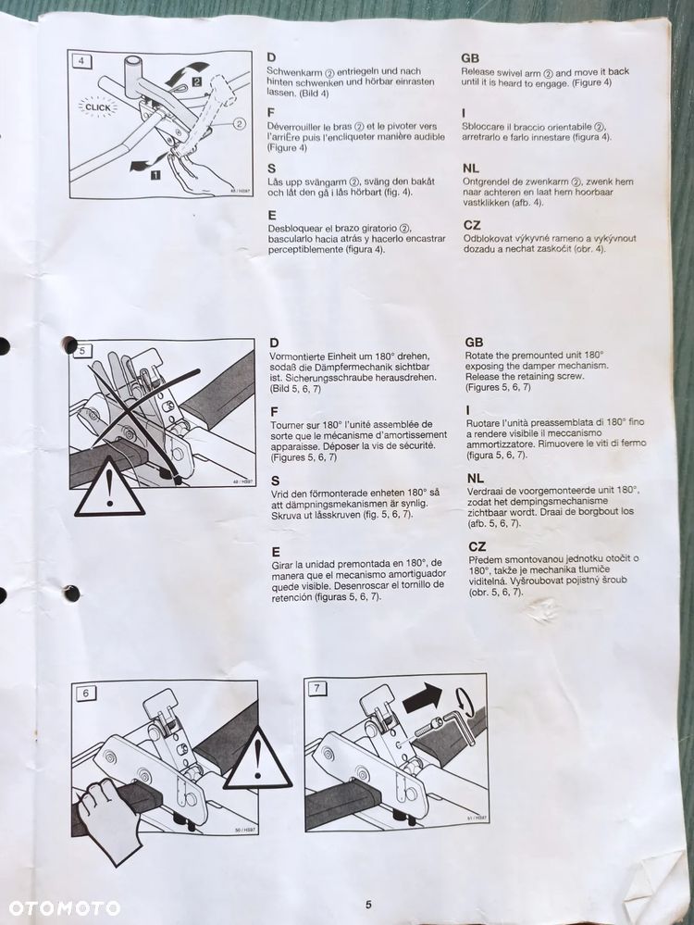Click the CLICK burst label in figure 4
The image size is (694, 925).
point(97,107)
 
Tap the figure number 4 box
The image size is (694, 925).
point(81,62)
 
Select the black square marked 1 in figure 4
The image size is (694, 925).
point(155,172)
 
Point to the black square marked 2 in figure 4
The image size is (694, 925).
point(197,82)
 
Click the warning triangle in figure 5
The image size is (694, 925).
point(109,491)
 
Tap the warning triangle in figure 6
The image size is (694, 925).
point(258,760)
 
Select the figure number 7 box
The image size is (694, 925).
point(318,688)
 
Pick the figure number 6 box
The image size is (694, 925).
point(85,693)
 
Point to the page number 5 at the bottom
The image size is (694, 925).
point(368,905)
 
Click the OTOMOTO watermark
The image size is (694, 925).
point(63,907)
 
